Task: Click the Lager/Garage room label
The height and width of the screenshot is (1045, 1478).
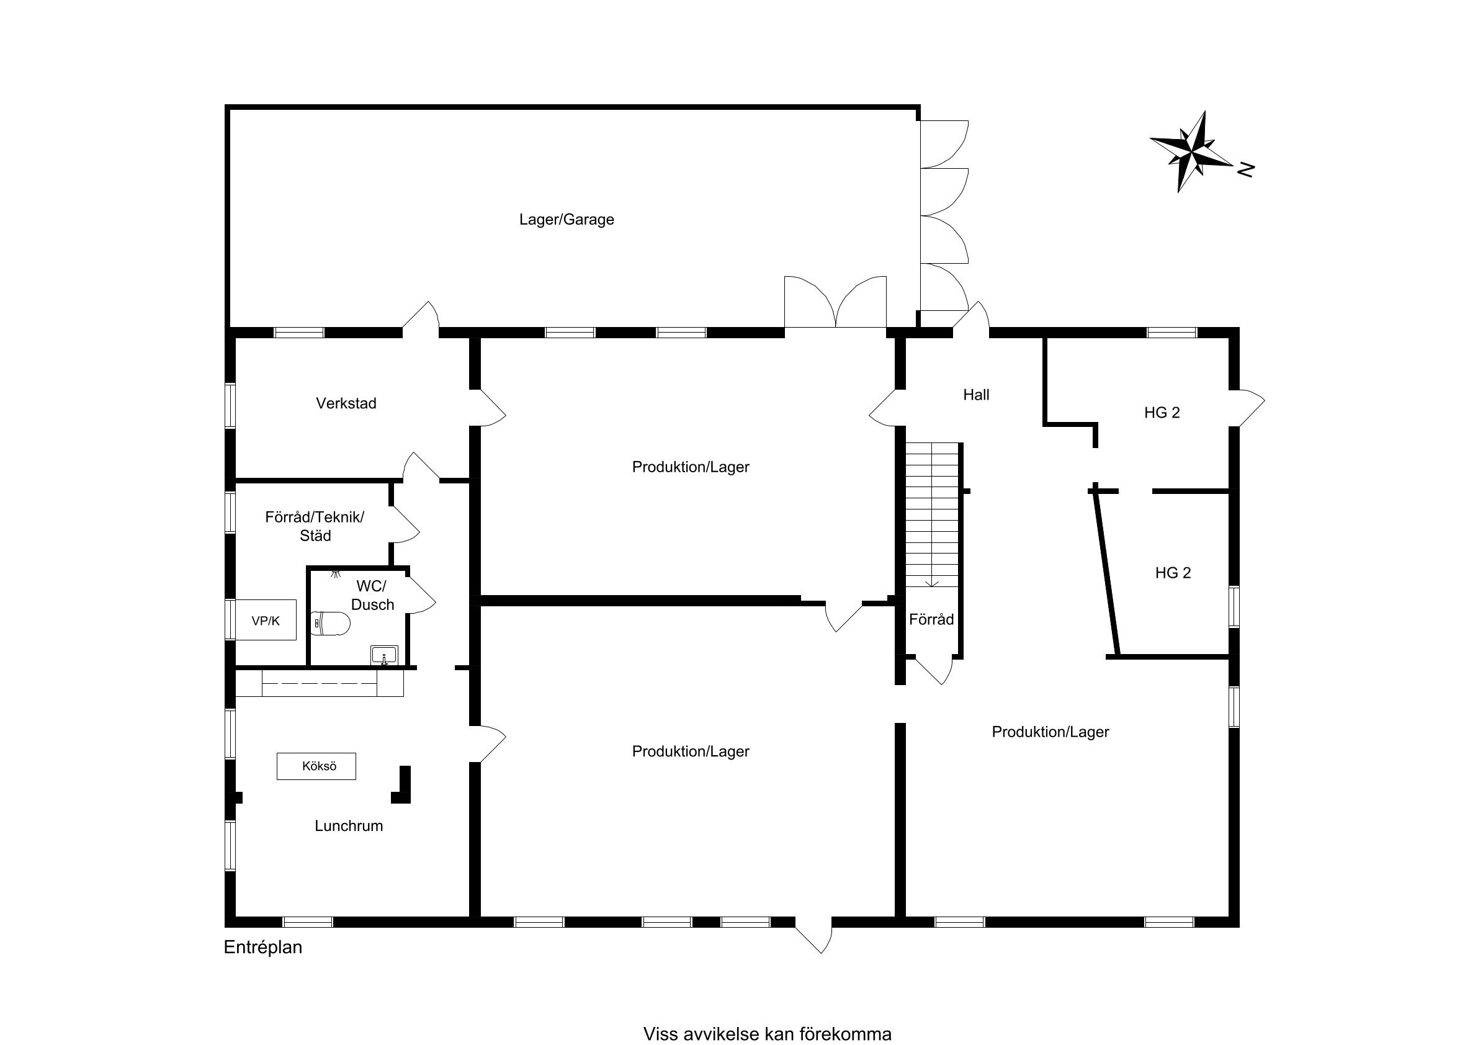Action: [x=567, y=220]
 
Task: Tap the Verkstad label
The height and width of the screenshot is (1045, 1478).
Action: [x=346, y=403]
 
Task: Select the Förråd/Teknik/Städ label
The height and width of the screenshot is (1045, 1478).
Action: [x=315, y=526]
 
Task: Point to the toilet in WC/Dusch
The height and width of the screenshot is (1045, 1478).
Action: [x=330, y=623]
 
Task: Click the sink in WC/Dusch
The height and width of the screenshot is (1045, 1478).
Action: [x=384, y=655]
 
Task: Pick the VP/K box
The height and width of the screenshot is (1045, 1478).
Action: [x=266, y=620]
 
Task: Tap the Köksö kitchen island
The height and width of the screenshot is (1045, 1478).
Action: [x=316, y=766]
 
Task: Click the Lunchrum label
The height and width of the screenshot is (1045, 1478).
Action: [x=348, y=826]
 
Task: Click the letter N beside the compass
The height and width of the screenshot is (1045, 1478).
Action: [x=1247, y=169]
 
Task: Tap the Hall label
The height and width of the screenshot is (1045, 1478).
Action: [x=976, y=395]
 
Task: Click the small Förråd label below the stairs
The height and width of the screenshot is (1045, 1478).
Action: [x=931, y=619]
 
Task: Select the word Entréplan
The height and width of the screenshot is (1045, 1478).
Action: [x=262, y=947]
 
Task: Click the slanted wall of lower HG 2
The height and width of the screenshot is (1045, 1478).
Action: [x=1107, y=572]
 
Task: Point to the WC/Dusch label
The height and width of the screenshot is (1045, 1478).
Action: [x=372, y=595]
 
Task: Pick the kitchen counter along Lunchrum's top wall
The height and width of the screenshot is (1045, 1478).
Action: [x=320, y=683]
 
